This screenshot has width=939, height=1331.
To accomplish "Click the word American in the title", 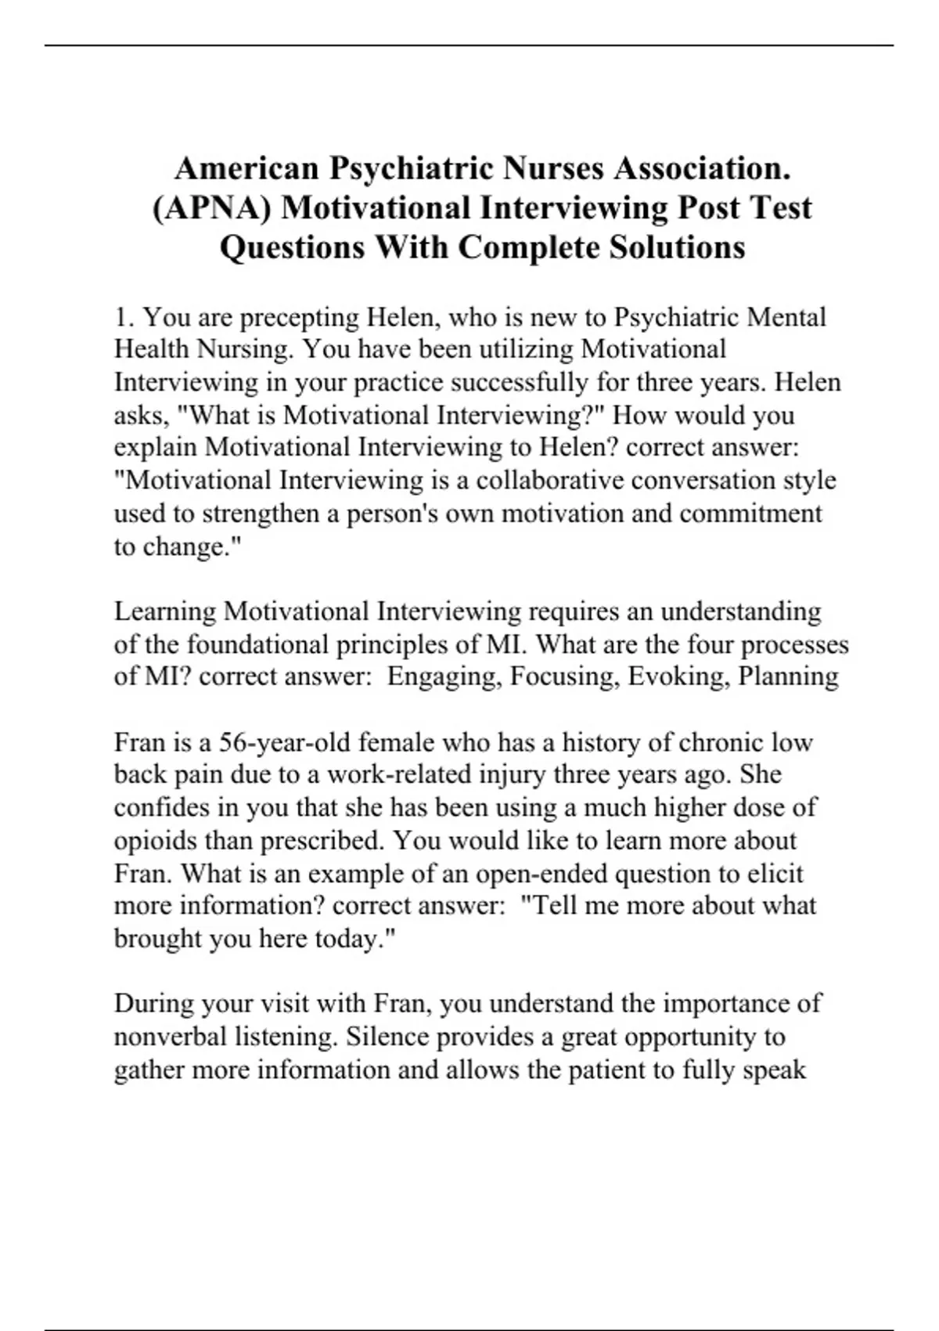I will tap(246, 168).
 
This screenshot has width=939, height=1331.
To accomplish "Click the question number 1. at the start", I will tap(125, 317).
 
